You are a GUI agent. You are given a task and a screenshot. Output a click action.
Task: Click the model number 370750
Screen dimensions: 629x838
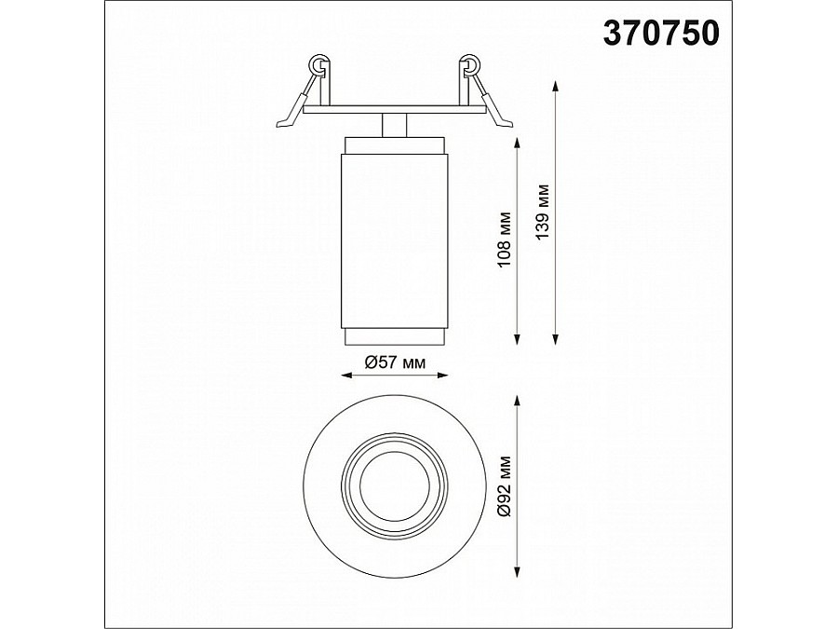tap(662, 34)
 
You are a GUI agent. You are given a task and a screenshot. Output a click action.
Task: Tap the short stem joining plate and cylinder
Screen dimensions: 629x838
tap(395, 125)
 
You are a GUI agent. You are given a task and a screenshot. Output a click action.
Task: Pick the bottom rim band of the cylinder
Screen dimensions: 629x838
tap(396, 336)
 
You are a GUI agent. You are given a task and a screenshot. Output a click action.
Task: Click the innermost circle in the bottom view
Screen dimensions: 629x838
tap(394, 486)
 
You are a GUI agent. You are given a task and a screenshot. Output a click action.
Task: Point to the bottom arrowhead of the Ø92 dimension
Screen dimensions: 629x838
tap(517, 574)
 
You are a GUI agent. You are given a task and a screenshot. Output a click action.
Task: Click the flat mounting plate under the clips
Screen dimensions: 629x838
tap(394, 111)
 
